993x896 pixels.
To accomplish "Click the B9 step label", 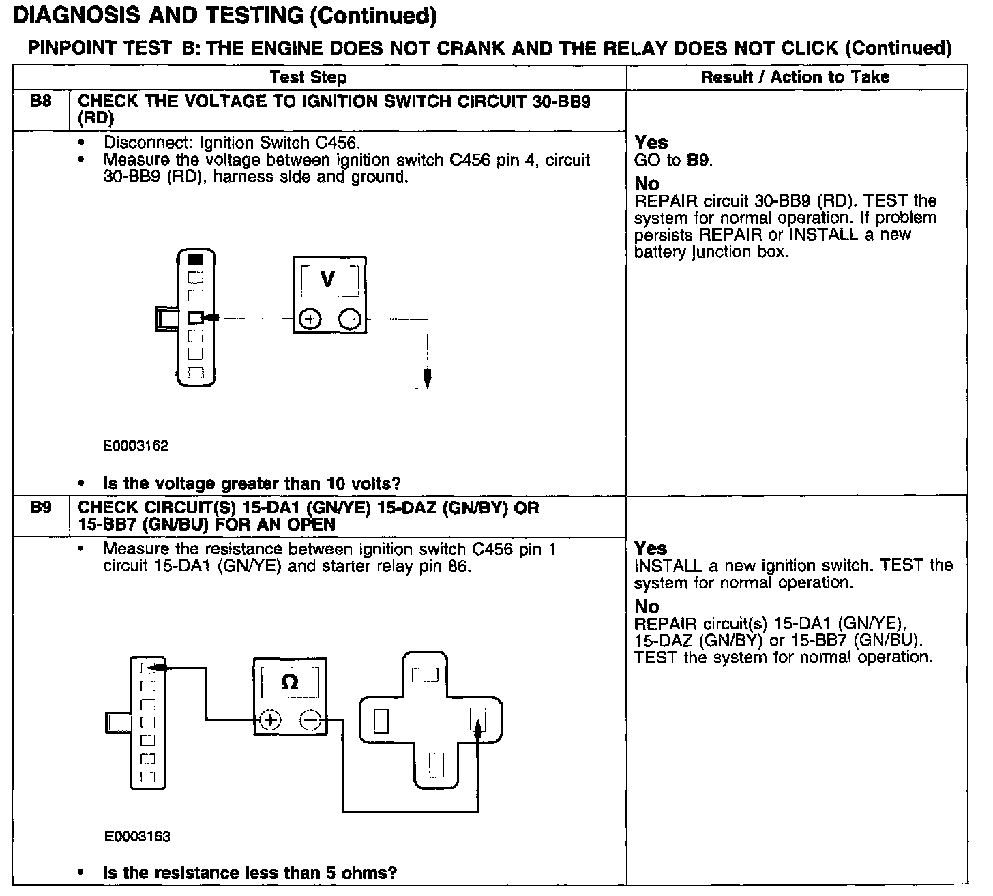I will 41,508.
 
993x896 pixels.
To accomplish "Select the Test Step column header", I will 308,77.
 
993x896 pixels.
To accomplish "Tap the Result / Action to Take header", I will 795,77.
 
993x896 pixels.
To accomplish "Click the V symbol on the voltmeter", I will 328,280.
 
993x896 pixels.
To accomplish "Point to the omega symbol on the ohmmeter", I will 289,683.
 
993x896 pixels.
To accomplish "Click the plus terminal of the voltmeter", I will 310,319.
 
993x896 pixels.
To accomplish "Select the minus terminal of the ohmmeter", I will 310,719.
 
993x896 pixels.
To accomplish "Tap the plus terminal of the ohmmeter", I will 271,719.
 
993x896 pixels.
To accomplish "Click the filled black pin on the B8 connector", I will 196,259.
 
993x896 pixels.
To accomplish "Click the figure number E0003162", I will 136,446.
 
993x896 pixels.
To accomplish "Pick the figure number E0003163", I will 137,836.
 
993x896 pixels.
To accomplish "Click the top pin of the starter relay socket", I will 425,675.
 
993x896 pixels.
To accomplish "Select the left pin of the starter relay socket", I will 381,720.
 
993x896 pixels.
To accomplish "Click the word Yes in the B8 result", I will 651,143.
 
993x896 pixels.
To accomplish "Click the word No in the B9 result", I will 647,606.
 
